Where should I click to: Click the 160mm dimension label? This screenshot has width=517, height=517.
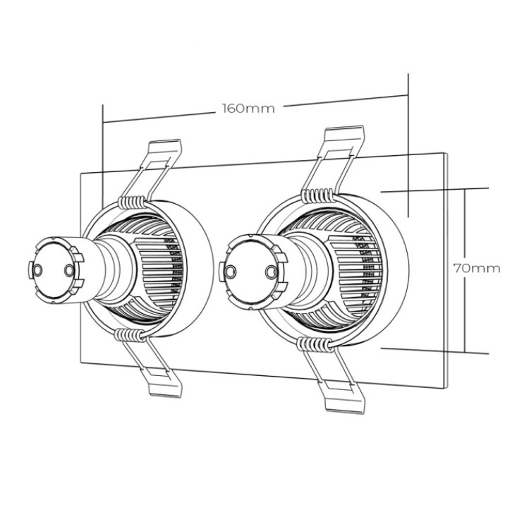click(x=248, y=109)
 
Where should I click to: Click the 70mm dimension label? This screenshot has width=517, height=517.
click(x=477, y=269)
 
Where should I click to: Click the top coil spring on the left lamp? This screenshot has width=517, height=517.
click(x=132, y=202)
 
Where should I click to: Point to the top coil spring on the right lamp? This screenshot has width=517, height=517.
click(x=317, y=195)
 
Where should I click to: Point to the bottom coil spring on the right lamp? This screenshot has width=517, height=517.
click(x=315, y=344)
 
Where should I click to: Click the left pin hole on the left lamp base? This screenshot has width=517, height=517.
click(x=37, y=270)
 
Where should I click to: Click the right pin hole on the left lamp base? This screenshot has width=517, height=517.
click(x=69, y=271)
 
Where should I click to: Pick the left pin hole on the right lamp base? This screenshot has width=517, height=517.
click(x=230, y=272)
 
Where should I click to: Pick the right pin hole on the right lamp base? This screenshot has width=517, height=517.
click(x=272, y=272)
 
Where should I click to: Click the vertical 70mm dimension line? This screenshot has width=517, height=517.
click(x=465, y=270)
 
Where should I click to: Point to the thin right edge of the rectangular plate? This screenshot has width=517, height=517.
click(x=446, y=270)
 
